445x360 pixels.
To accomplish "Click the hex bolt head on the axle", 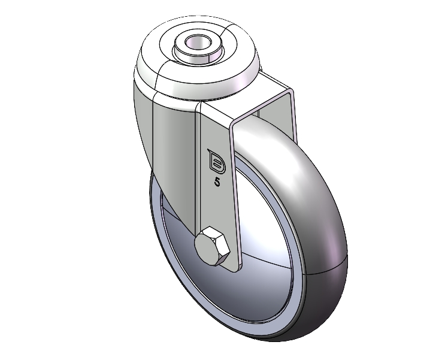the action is tap(212, 246).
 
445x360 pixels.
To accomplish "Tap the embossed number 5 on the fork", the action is tap(217, 182).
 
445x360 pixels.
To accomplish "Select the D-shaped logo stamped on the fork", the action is tap(217, 161).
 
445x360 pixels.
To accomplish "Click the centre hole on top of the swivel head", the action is tap(198, 43).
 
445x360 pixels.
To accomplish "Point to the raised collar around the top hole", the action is tap(198, 47).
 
